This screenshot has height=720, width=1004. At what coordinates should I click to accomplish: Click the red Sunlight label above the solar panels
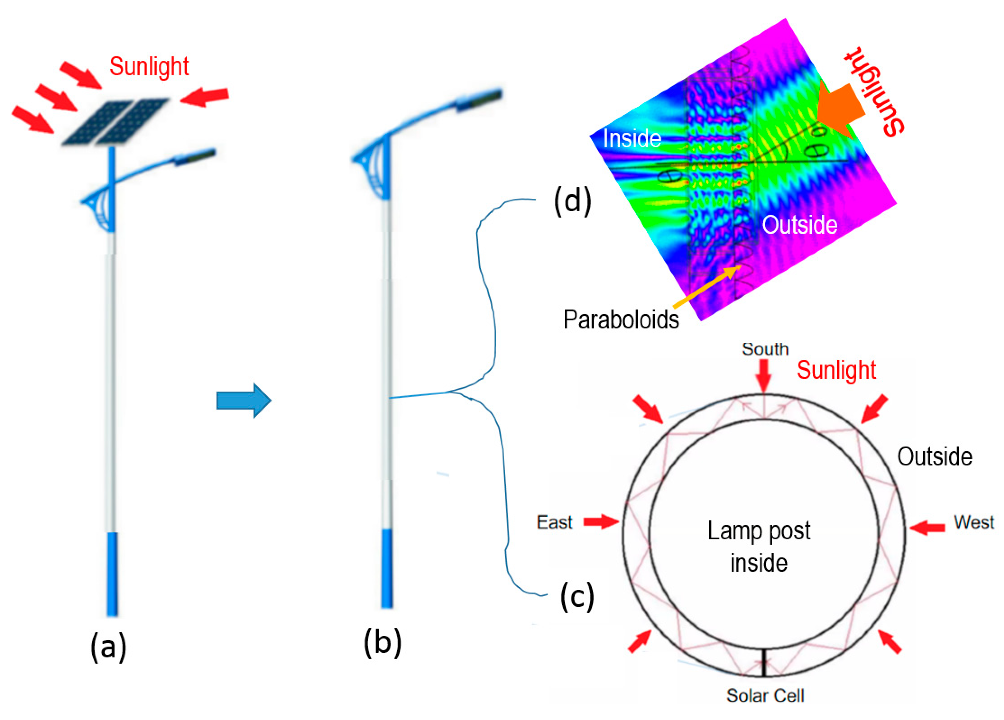click(x=149, y=67)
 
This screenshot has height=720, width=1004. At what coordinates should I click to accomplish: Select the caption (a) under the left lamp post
click(x=108, y=647)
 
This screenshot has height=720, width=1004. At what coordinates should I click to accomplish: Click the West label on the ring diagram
click(x=973, y=522)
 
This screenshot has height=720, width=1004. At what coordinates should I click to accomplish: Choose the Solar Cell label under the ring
click(x=765, y=696)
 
